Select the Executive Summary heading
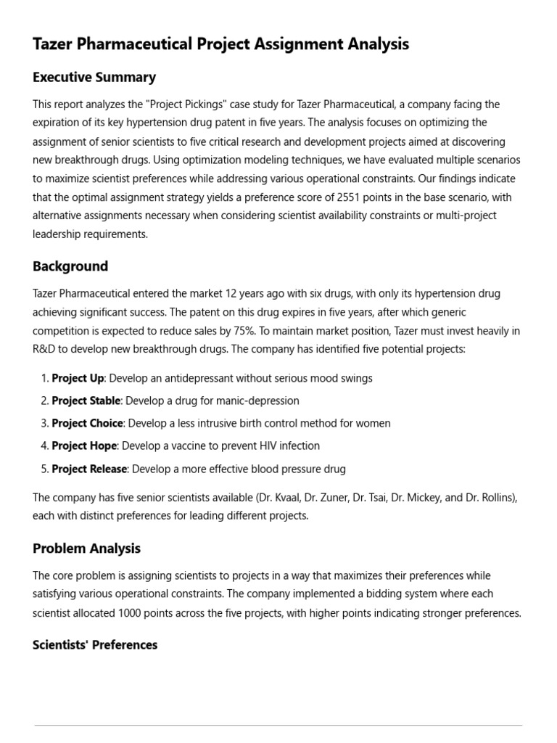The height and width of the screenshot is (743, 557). click(94, 77)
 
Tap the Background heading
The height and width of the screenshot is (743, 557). click(70, 266)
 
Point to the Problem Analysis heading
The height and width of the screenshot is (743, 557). click(86, 549)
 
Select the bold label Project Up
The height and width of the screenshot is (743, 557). click(78, 378)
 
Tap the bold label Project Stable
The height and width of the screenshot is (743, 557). click(86, 401)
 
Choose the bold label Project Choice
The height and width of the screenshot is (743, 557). click(88, 423)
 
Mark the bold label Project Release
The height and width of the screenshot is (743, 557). click(89, 469)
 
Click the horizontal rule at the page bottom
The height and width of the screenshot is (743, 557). click(278, 725)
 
